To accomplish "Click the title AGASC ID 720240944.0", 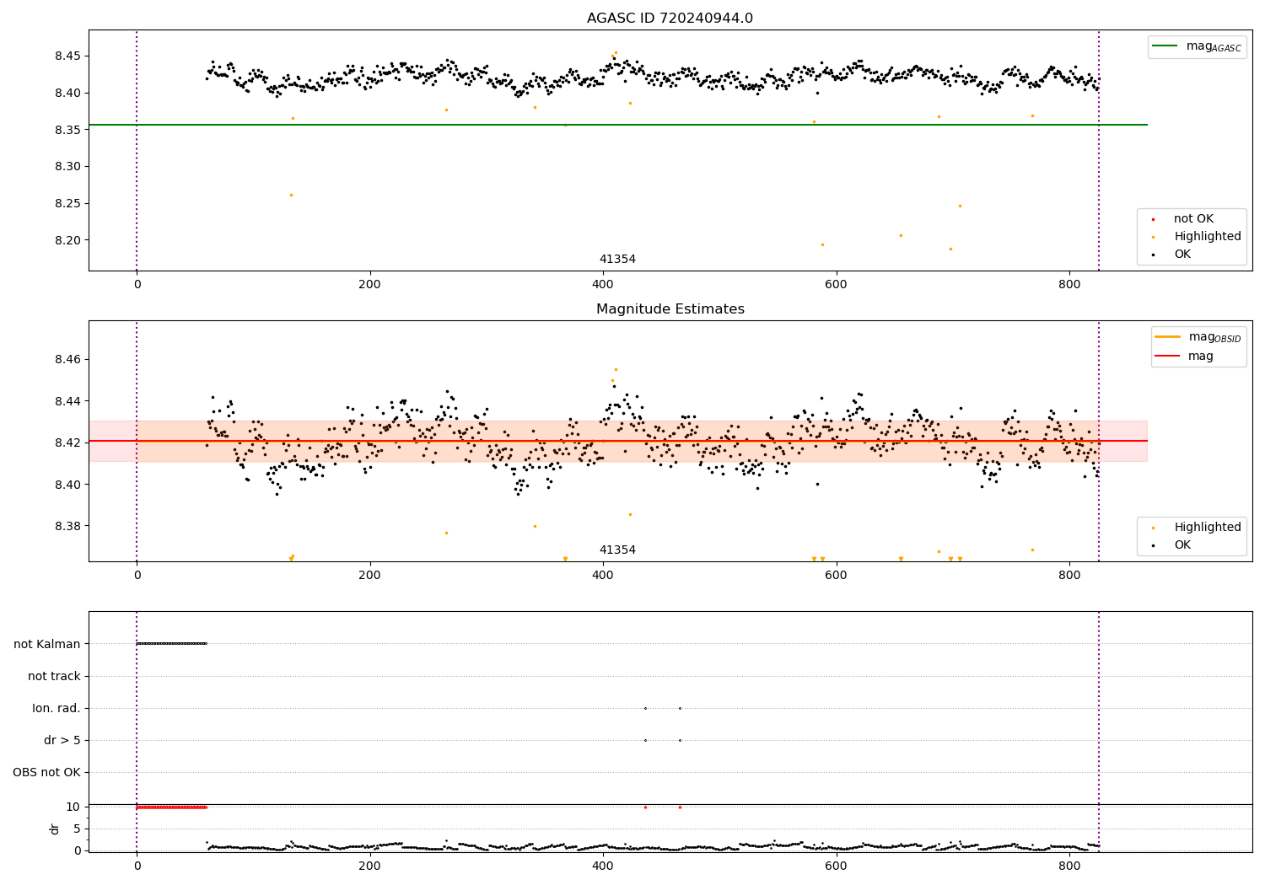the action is pyautogui.click(x=670, y=18).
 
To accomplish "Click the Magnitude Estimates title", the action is pyautogui.click(x=670, y=308).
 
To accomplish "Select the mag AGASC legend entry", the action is pyautogui.click(x=1198, y=46).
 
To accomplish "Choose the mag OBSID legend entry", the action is pyautogui.click(x=1198, y=337).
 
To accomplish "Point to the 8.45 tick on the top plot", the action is pyautogui.click(x=67, y=56).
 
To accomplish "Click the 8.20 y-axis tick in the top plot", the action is pyautogui.click(x=67, y=240).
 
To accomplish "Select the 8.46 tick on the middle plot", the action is pyautogui.click(x=67, y=360).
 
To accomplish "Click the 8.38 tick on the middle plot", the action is pyautogui.click(x=67, y=526).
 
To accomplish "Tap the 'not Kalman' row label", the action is pyautogui.click(x=47, y=644).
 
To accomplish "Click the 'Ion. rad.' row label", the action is pyautogui.click(x=57, y=708).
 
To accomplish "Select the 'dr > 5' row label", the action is pyautogui.click(x=62, y=741).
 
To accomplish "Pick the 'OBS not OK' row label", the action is pyautogui.click(x=47, y=772).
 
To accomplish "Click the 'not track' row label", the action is pyautogui.click(x=54, y=676).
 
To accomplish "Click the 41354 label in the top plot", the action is pyautogui.click(x=617, y=259).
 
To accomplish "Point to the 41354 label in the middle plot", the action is pyautogui.click(x=617, y=550).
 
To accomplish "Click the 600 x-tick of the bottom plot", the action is pyautogui.click(x=836, y=866).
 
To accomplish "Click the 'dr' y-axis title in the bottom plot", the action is pyautogui.click(x=54, y=829).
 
